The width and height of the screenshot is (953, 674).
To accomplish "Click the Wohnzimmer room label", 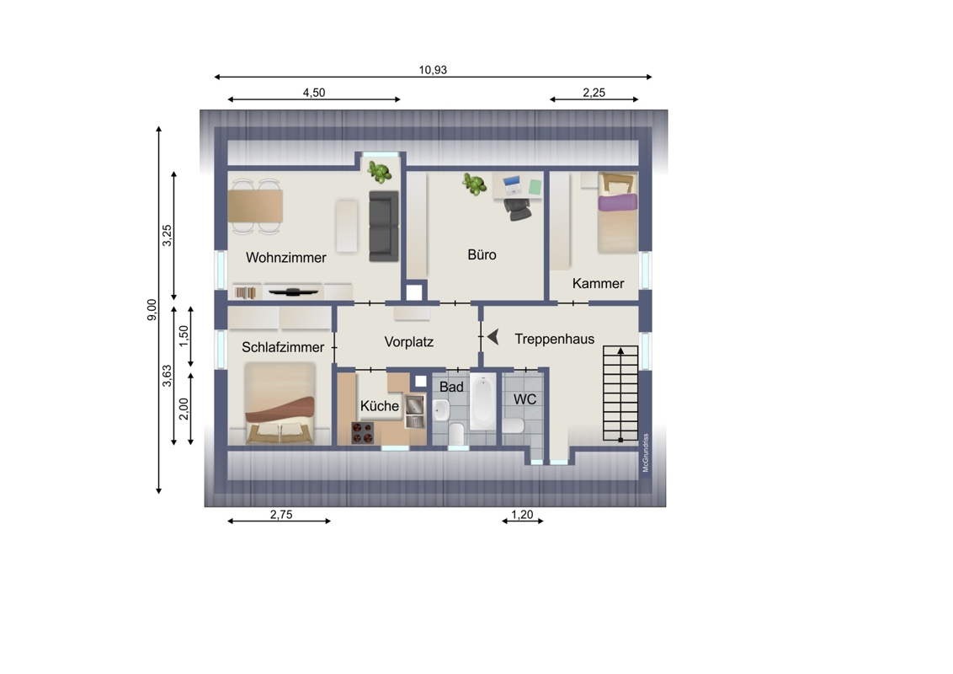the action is point(285,257).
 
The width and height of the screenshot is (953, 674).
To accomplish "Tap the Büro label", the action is point(482,254).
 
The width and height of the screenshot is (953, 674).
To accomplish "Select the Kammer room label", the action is point(598,283).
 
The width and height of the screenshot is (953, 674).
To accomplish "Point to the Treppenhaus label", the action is point(554,339).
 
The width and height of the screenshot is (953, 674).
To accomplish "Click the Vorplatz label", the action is point(408,342).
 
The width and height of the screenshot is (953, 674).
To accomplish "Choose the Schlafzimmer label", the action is point(283,347).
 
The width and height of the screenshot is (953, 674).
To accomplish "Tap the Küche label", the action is point(379,406).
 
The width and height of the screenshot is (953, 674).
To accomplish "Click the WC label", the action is point(524,399).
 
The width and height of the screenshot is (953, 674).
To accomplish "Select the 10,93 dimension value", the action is point(433,70).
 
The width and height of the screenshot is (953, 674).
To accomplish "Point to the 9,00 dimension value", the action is point(152,310).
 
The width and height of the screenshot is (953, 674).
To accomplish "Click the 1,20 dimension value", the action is point(521,515).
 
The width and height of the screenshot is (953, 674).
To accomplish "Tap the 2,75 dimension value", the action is point(281,515).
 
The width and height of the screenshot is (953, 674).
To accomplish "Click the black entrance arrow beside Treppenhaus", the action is point(492,336).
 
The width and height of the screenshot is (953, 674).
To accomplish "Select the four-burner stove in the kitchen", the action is point(362,432).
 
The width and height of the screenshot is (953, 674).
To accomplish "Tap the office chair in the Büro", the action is point(517,208).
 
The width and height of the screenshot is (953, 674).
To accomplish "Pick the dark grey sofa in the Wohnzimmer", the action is point(384,227).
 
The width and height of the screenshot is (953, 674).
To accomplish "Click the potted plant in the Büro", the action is point(473,184).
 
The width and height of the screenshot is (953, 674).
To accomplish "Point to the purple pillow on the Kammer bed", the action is point(617,202).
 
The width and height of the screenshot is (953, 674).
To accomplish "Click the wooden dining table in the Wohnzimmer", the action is point(255,206).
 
